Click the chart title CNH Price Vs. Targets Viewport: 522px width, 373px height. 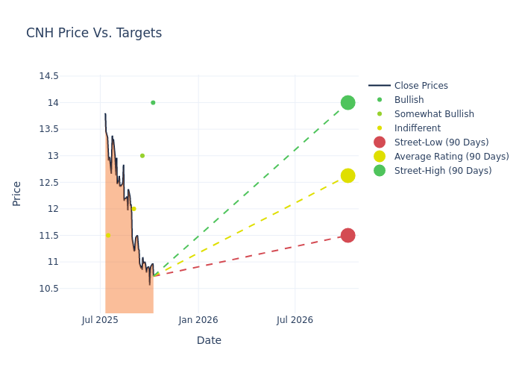(x=94, y=33)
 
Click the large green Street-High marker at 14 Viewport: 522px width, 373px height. (x=348, y=102)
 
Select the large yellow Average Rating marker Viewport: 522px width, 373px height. (x=348, y=175)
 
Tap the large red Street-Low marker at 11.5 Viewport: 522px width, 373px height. (x=348, y=235)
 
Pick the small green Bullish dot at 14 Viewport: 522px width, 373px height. (x=153, y=103)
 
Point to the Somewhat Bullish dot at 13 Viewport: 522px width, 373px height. (x=142, y=156)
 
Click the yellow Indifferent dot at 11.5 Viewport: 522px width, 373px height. (x=107, y=236)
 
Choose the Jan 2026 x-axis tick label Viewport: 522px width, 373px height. (x=198, y=320)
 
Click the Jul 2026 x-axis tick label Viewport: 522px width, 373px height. (x=295, y=320)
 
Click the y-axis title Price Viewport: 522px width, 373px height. (x=16, y=193)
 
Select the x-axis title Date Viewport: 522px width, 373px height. (x=209, y=340)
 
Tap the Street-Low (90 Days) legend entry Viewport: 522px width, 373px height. (x=441, y=142)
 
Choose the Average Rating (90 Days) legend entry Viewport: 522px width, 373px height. (x=451, y=157)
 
